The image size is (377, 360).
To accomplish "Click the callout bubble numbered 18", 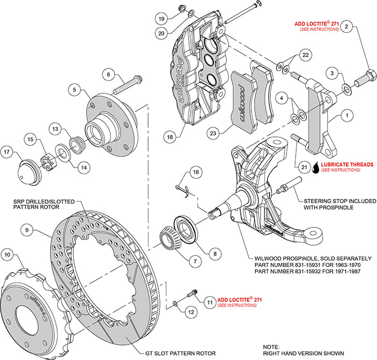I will [x=171, y=137].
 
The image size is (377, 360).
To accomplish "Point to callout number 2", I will [x=347, y=26].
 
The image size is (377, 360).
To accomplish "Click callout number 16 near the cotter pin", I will [x=196, y=171].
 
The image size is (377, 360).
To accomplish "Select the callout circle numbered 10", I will [x=7, y=254].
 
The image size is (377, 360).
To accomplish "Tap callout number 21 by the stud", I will [x=304, y=167].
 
